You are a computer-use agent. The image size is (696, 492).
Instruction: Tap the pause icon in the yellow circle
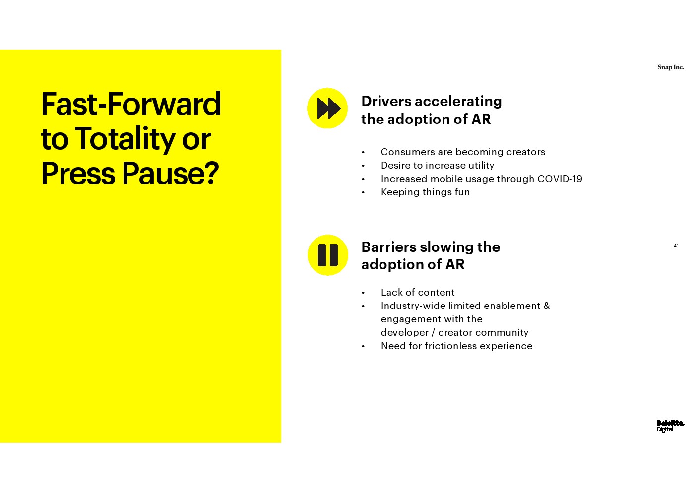328,255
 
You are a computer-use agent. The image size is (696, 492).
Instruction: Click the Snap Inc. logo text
671,67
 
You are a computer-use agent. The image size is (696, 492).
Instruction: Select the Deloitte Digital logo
670,426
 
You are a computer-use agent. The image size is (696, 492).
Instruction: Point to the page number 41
676,246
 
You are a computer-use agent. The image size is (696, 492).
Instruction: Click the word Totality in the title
125,139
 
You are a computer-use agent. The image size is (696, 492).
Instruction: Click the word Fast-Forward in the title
131,104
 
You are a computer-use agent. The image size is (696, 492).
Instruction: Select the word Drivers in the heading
386,102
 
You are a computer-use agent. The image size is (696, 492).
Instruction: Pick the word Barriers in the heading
389,247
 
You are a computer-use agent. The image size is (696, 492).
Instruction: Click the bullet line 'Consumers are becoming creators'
463,152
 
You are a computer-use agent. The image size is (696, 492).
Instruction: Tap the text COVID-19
560,179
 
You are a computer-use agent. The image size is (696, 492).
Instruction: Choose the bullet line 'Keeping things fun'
425,192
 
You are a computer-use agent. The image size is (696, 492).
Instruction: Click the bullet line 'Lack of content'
418,292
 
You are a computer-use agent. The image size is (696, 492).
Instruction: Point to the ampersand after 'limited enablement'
547,306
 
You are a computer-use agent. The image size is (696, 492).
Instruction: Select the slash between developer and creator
433,333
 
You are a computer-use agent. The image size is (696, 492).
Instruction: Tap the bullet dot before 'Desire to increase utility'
363,166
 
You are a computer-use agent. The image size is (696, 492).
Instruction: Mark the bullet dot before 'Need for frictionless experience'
363,346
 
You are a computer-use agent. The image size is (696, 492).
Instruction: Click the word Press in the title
78,173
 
